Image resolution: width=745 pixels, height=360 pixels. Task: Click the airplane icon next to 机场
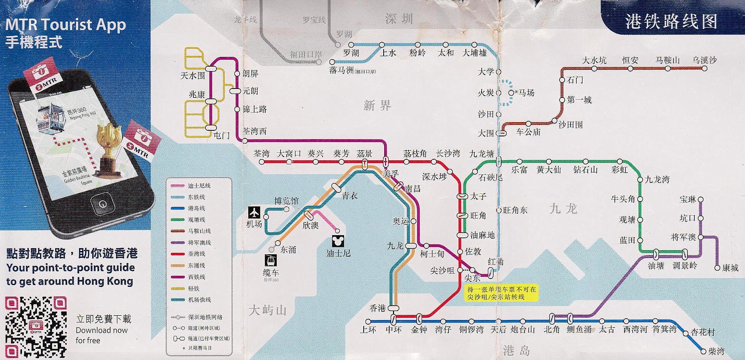tap(254, 212)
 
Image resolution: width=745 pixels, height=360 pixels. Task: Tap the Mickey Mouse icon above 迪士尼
tap(338, 241)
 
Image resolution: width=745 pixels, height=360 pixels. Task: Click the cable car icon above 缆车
tap(271, 260)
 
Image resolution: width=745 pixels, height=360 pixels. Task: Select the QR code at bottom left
tap(36, 327)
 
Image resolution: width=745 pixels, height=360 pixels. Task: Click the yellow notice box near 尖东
tap(501, 293)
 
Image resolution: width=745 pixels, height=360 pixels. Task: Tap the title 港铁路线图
tap(671, 21)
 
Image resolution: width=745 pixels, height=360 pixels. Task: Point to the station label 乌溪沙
tap(704, 60)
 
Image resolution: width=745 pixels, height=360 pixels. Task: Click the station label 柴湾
tap(716, 351)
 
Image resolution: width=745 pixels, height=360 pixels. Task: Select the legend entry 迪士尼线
tap(199, 186)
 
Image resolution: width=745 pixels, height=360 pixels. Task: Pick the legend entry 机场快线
tap(199, 300)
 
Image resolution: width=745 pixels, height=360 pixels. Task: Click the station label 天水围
tap(192, 75)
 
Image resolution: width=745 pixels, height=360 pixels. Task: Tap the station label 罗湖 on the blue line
tap(351, 53)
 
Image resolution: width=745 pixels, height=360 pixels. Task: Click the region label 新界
tap(377, 105)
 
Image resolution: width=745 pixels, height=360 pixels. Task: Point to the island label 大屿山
tap(267, 310)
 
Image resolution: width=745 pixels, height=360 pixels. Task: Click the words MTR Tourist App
tap(66, 24)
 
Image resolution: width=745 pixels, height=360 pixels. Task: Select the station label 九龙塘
tap(481, 154)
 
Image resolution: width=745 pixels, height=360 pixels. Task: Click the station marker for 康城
tap(717, 267)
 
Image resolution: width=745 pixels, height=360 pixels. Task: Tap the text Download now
tap(102, 330)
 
